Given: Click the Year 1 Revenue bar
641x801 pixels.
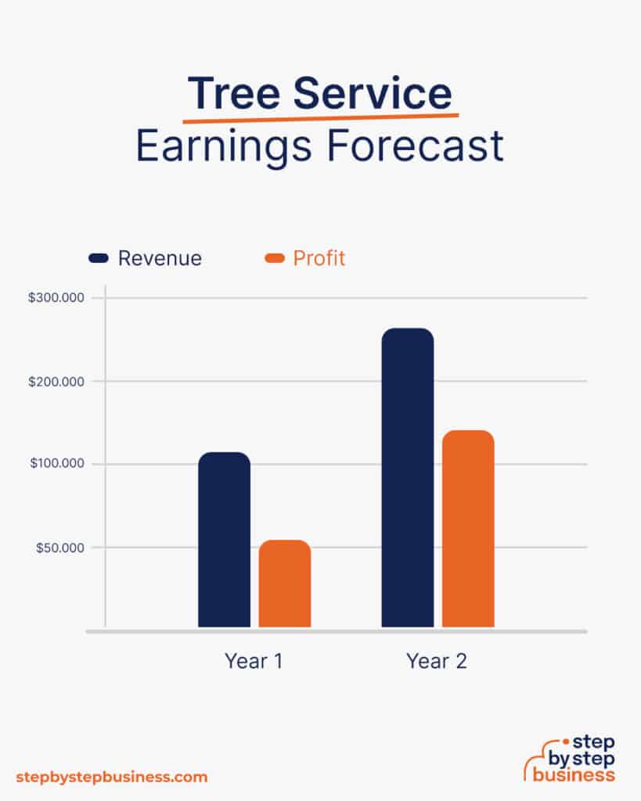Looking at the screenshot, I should (x=224, y=540).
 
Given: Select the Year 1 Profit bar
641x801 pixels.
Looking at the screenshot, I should (x=285, y=584).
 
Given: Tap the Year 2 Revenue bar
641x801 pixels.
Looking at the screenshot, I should (x=407, y=477).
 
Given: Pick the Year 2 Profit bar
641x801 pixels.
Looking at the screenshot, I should (x=468, y=529).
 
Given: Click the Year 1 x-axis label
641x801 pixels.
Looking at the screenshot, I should (x=254, y=661).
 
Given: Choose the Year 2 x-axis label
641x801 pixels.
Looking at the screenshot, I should (x=437, y=661).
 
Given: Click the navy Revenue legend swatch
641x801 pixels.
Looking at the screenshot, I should (x=99, y=258).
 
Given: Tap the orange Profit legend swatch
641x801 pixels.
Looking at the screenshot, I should (x=275, y=258).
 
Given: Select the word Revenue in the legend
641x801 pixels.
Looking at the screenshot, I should (x=160, y=258).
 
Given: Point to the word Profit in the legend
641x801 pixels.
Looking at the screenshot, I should (x=319, y=258).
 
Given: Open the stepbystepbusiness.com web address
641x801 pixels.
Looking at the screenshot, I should (x=112, y=777).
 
